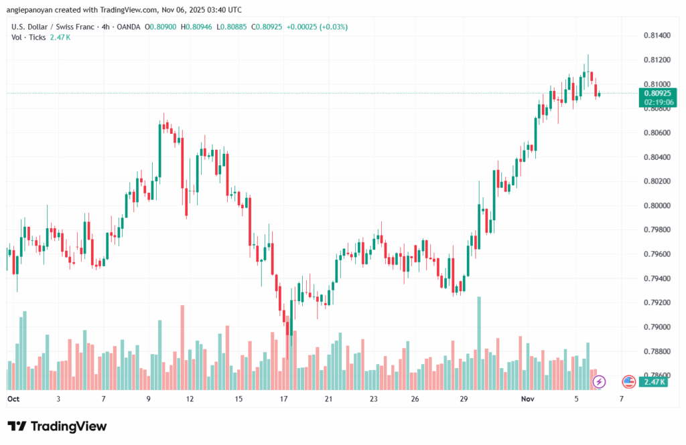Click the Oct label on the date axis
pos(13,398)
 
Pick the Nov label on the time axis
pos(529,398)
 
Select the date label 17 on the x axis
pos(284,398)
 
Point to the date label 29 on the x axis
pos(464,398)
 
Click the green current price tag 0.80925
pos(658,94)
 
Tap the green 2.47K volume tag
pos(653,381)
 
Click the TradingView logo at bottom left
pos(57,426)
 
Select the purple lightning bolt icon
pos(600,381)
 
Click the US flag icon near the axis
pos(628,381)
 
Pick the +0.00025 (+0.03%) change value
pos(317,27)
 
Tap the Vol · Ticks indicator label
pos(29,37)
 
